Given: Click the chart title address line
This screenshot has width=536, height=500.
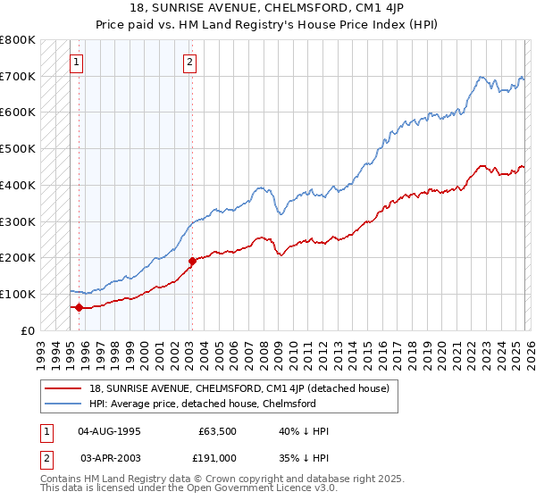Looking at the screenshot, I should (x=267, y=8).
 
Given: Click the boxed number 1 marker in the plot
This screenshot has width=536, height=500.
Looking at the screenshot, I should (x=77, y=62).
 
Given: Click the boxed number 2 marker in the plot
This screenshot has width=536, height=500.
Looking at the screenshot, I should (x=191, y=62).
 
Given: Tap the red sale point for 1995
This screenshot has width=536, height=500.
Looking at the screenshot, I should (x=79, y=307).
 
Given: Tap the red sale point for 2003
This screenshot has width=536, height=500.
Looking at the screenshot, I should (x=192, y=261).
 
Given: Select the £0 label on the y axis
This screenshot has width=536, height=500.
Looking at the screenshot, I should (x=29, y=330).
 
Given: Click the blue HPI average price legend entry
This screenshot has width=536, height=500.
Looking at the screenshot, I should (x=203, y=404).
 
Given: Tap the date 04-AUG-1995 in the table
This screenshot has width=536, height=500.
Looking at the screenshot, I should (x=109, y=431).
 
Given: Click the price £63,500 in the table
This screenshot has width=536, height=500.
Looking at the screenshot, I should (x=216, y=431).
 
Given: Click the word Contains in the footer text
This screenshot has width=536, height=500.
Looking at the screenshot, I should (x=63, y=479).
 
